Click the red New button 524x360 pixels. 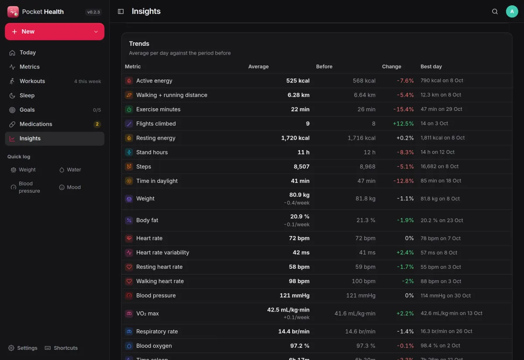pos(55,31)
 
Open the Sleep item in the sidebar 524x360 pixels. pos(55,96)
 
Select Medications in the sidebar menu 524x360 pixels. pos(55,124)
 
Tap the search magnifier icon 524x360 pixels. pos(495,11)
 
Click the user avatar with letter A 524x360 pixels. pos(512,11)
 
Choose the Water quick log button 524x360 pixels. pos(70,170)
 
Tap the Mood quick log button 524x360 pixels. pos(70,187)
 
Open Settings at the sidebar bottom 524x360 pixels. pos(23,348)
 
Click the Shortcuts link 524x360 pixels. pos(61,348)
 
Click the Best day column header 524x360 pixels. pos(431,67)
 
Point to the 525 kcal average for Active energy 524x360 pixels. pos(298,81)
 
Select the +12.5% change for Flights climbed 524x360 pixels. pos(403,123)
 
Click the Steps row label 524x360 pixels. pos(144,167)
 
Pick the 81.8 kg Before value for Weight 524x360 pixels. pos(365,199)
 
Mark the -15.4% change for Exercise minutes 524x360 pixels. pos(403,110)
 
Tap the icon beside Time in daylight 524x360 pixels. pos(129,181)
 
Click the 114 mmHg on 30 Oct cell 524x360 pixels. pos(445,295)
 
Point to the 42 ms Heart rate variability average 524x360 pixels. pos(301,253)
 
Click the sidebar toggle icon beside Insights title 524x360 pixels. pos(121,11)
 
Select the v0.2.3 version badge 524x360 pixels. pos(93,12)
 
